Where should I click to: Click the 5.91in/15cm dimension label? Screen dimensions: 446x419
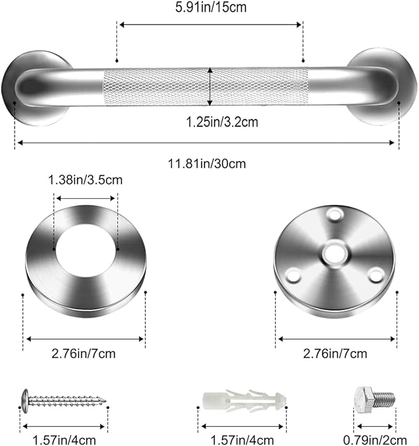[x=210, y=9]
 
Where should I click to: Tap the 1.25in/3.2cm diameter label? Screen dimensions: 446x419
[x=210, y=122]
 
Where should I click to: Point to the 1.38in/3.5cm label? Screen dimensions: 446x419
[x=85, y=180]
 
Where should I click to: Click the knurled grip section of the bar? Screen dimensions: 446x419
[x=206, y=86]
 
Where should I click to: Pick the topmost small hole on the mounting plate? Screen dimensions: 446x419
[x=335, y=216]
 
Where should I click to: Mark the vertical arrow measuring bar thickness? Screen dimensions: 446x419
[x=210, y=86]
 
